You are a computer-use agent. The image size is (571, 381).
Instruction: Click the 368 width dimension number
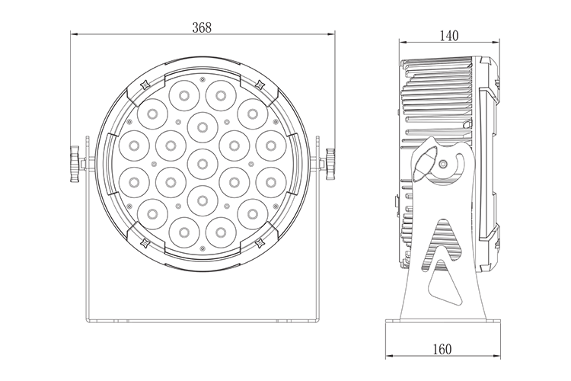click(x=202, y=27)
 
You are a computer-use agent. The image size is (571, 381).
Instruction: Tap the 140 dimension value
click(x=449, y=36)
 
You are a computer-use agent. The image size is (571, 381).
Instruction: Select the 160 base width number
click(x=442, y=349)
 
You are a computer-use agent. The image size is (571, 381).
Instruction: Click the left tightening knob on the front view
click(x=75, y=164)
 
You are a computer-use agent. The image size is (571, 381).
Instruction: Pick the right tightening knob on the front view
click(x=330, y=164)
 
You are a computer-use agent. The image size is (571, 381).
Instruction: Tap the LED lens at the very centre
click(x=203, y=164)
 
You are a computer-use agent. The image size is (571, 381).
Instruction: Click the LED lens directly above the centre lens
click(x=203, y=127)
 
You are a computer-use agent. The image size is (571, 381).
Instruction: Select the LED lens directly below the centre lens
click(x=203, y=200)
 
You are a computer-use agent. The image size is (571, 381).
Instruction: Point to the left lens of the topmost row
click(x=184, y=95)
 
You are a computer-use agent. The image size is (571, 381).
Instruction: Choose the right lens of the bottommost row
click(x=221, y=232)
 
